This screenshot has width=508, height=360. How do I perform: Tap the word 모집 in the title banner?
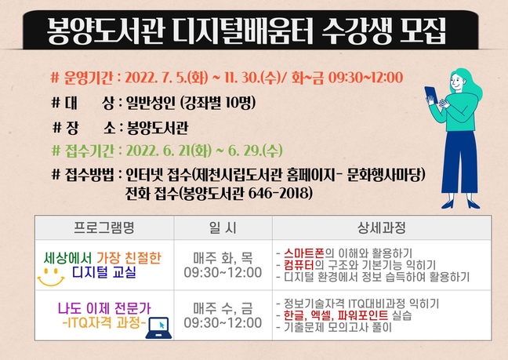click(423, 31)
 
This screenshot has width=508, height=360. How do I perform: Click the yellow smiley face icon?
click(51, 277)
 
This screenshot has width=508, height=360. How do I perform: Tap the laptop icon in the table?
click(158, 328)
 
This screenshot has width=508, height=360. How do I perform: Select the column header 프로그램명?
click(104, 227)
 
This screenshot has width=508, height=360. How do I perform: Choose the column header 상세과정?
click(382, 227)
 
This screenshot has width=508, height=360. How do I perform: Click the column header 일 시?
click(223, 227)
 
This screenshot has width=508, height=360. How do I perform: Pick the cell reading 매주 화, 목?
click(223, 258)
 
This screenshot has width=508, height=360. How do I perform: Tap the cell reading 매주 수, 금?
click(223, 308)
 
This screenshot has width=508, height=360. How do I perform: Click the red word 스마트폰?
click(304, 253)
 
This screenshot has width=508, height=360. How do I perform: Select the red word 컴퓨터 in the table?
click(299, 265)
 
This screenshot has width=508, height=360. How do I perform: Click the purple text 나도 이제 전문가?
click(104, 308)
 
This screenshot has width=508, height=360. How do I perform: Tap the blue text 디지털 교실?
click(104, 272)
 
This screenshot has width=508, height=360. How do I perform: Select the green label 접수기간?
click(89, 151)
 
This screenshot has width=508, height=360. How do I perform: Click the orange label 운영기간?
click(89, 78)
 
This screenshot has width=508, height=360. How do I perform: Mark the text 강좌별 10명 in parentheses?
click(219, 103)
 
